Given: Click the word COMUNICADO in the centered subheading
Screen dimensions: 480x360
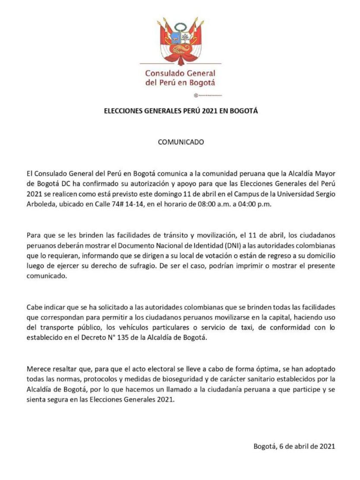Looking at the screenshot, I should pos(180,142).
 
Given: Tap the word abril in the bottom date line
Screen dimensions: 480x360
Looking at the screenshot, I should pos(302,446).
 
